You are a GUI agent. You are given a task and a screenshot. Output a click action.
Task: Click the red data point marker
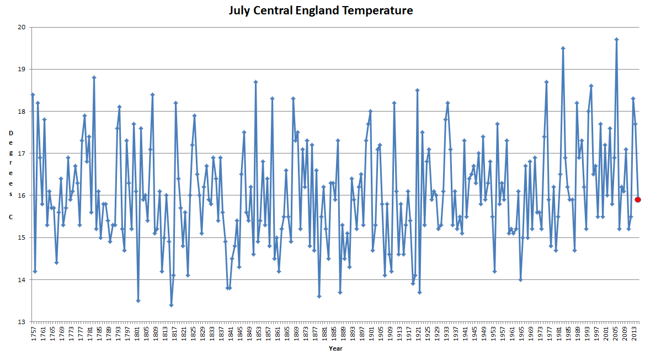638,199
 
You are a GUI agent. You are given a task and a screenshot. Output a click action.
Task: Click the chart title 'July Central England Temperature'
321,10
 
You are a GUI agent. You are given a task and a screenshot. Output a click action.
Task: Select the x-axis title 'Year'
335,348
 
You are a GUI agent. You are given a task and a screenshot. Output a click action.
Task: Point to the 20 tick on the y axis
22,27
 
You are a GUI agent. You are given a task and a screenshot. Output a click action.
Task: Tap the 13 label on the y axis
22,322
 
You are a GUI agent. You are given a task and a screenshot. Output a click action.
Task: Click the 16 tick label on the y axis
22,195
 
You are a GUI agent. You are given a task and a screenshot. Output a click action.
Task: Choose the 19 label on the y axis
22,69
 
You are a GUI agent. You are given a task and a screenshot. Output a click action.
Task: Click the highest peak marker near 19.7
616,40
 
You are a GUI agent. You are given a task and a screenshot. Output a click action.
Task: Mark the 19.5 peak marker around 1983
563,48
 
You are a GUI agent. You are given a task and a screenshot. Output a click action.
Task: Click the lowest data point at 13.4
171,305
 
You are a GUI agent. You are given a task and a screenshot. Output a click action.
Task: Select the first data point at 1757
33,94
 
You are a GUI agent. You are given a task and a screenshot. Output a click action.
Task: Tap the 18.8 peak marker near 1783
94,77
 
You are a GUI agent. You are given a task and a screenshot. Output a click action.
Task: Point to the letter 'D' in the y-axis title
10,133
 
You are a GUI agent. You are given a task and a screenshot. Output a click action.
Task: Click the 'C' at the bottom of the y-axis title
10,217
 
